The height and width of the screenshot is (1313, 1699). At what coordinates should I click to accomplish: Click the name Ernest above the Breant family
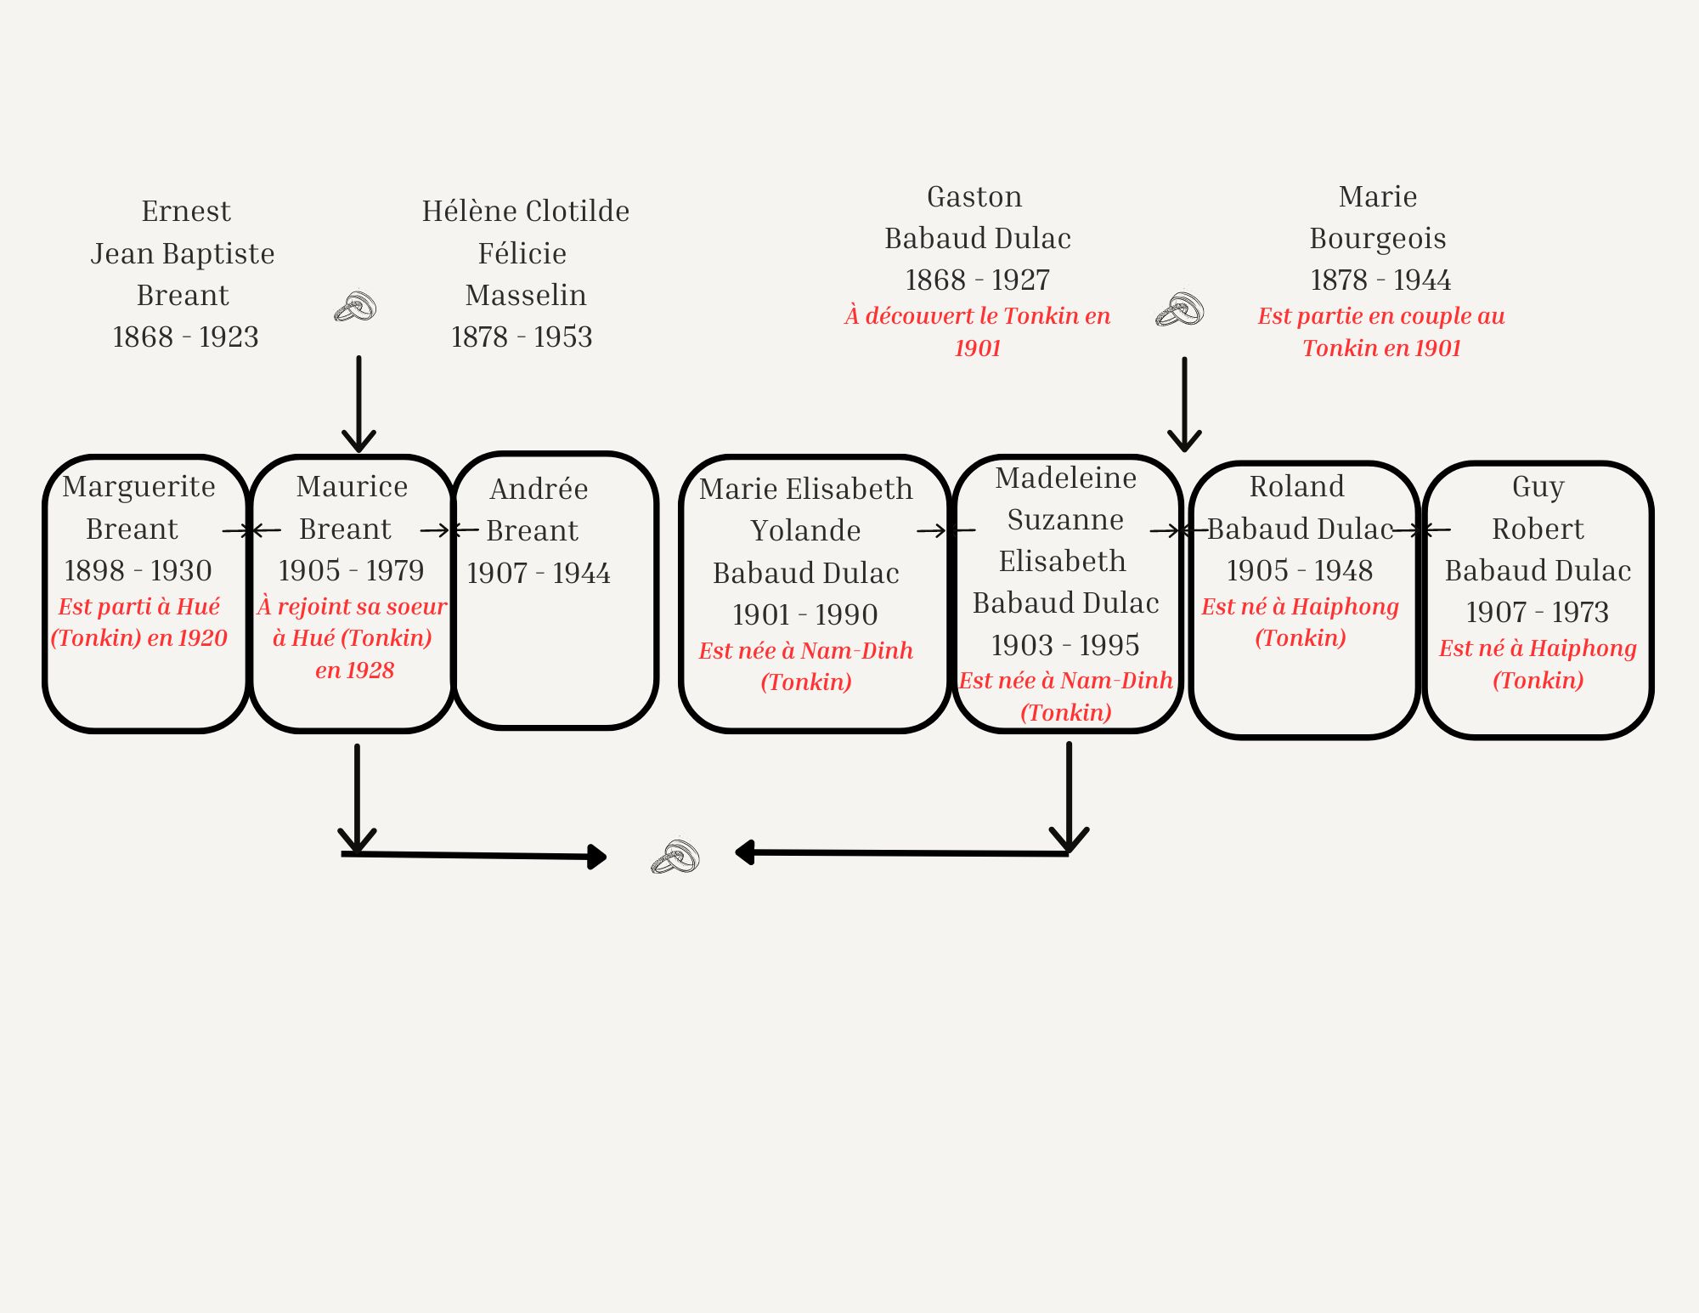pos(186,211)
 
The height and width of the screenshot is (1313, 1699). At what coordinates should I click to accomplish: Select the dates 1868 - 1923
pos(185,337)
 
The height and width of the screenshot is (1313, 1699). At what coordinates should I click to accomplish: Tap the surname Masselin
pos(526,295)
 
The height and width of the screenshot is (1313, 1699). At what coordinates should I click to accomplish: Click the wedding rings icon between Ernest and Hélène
pos(355,307)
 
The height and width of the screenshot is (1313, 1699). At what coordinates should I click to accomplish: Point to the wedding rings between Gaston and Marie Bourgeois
pos(1180,309)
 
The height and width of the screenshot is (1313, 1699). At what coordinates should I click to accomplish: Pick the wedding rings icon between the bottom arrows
pos(675,857)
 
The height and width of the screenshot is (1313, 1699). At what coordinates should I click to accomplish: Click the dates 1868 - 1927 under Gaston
pos(977,280)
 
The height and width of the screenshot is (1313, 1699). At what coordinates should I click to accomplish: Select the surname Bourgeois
pos(1377,238)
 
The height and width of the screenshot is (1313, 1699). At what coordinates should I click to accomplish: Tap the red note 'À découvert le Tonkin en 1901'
pos(977,331)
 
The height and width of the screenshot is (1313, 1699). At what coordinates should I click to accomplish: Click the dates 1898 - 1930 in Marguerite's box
pos(138,570)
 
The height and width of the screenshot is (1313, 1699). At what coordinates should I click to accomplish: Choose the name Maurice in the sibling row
pos(352,486)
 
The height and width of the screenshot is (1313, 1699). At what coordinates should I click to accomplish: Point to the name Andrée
pos(539,489)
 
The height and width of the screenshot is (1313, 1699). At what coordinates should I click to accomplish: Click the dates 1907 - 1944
pos(539,573)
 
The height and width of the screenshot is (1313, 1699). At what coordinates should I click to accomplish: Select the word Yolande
pos(805,530)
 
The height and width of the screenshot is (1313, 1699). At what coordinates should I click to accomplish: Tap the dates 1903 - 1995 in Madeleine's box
pos(1065,645)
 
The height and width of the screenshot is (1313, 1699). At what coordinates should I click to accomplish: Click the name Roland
pos(1296,486)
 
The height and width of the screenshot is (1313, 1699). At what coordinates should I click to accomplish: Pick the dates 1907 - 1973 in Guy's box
pos(1537,612)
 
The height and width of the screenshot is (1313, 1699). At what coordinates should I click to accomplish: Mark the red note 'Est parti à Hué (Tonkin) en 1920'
pos(138,622)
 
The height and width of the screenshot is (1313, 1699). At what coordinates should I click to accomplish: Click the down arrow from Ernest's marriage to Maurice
pos(358,404)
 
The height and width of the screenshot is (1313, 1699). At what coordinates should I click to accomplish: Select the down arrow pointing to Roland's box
pos(1184,404)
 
